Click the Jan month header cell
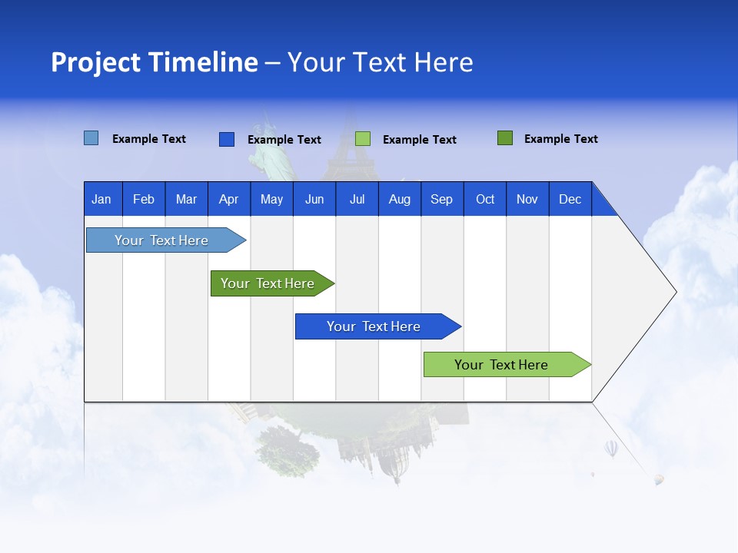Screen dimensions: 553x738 click(101, 199)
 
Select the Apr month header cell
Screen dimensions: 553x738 click(228, 199)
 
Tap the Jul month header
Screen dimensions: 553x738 click(357, 199)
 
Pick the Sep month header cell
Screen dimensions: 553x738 click(441, 199)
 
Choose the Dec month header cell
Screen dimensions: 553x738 click(570, 199)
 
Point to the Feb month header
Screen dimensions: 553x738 click(144, 199)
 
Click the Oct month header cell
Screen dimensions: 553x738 click(484, 199)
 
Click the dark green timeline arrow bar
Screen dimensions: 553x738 click(269, 283)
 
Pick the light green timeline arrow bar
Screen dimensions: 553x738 click(504, 365)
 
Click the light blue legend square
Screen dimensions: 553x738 click(91, 138)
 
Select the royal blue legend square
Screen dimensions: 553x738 click(227, 139)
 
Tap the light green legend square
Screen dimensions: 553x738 click(363, 139)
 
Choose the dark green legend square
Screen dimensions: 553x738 click(505, 138)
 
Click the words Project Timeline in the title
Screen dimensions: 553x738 click(155, 62)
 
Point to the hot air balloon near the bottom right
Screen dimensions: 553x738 click(611, 448)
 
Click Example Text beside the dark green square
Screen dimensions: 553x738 click(560, 139)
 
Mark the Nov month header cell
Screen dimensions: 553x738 click(527, 199)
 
